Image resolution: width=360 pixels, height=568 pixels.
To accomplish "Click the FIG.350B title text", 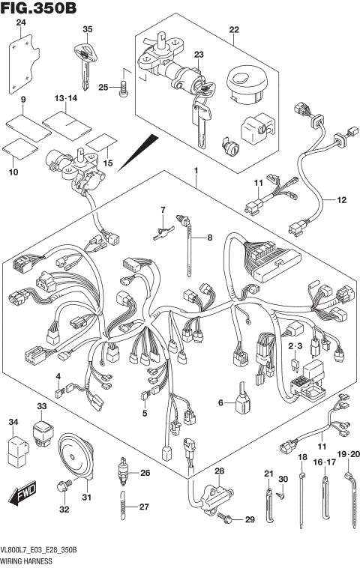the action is tap(38, 7).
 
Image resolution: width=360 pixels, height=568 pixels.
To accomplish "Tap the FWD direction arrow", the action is tap(22, 493).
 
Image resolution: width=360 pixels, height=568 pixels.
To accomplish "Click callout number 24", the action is tap(22, 22).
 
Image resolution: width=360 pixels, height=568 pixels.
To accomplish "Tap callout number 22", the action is tap(234, 30).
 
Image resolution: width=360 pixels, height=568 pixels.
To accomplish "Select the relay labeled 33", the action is tap(43, 433).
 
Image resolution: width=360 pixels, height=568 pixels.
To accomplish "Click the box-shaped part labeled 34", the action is tap(18, 451).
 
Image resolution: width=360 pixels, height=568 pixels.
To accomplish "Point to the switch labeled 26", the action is tap(123, 472).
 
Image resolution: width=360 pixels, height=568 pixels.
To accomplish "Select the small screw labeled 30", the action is tap(280, 495).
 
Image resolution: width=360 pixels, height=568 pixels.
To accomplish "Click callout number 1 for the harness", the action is tap(196, 170).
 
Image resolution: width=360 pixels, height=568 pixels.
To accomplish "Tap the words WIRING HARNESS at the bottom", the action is tap(26, 561).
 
